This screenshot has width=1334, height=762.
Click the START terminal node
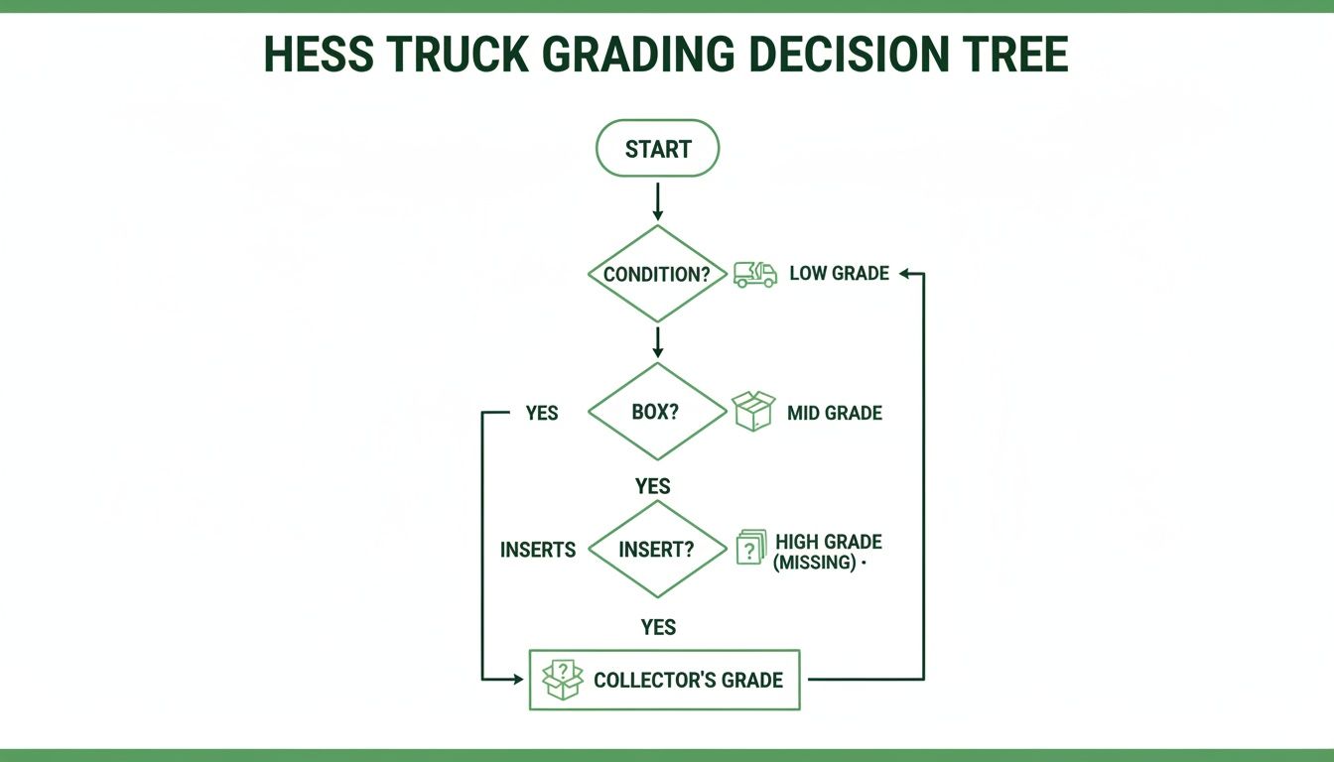[x=657, y=149]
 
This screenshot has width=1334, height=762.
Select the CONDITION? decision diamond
[x=657, y=274]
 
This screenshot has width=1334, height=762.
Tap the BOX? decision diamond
[x=657, y=412]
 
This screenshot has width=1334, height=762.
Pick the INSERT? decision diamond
[x=657, y=549]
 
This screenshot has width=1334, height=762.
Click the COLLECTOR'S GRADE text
[x=688, y=680]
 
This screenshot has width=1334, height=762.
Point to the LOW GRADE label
[x=839, y=273]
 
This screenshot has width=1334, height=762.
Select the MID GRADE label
[x=834, y=412]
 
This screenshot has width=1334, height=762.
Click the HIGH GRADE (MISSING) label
[x=828, y=552]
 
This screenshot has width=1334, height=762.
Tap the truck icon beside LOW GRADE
[x=755, y=274]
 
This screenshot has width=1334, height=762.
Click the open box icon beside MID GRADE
[x=753, y=411]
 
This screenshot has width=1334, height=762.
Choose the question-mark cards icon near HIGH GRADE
[x=751, y=548]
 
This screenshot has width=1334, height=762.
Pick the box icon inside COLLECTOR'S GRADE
[x=563, y=680]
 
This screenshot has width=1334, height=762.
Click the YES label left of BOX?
[x=542, y=412]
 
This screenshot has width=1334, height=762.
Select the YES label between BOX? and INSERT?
[x=653, y=486]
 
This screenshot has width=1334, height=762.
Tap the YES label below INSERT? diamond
[x=657, y=626]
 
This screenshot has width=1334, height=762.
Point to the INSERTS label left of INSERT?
[x=538, y=549]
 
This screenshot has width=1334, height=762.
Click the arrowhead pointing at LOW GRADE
[x=905, y=273]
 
